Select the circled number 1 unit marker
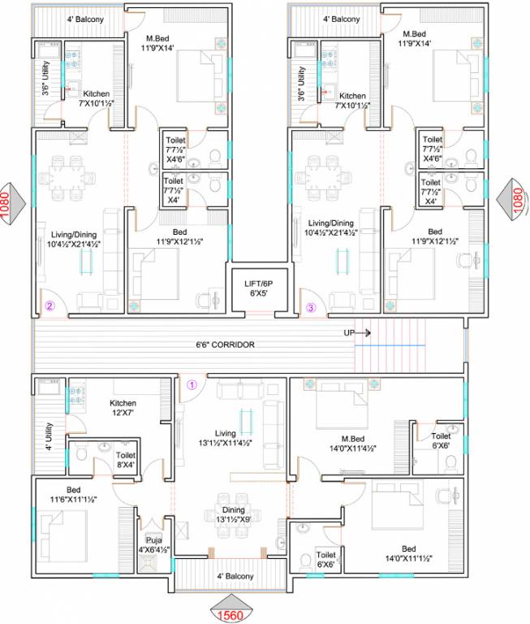pyautogui.click(x=192, y=384)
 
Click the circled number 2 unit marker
pyautogui.click(x=50, y=306)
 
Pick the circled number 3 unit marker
pyautogui.click(x=311, y=306)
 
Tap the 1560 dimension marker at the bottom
pyautogui.click(x=232, y=615)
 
